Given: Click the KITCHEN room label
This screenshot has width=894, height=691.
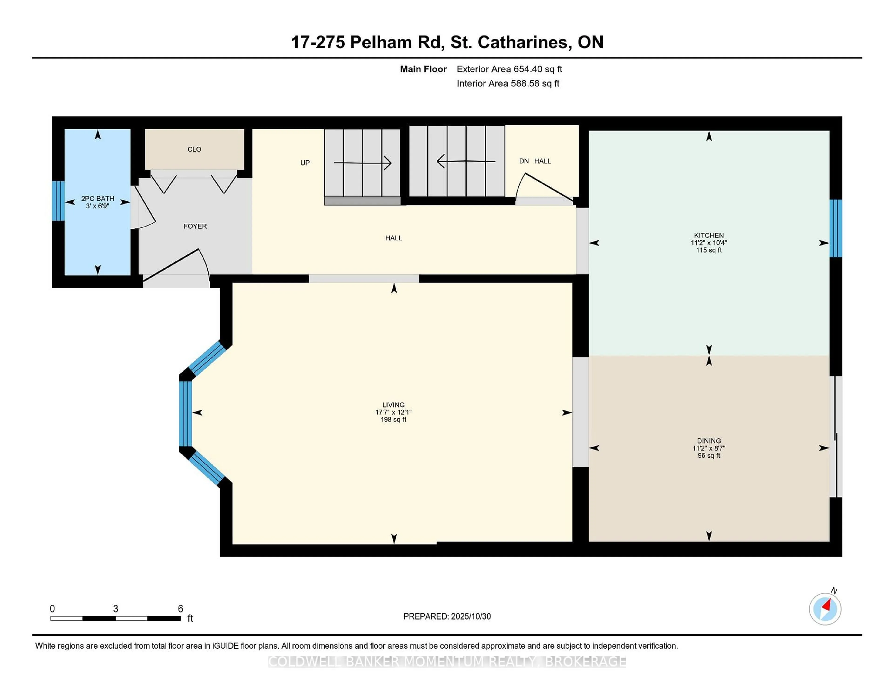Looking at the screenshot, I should pos(709,235).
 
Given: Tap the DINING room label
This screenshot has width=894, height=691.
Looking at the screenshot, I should pos(709,441).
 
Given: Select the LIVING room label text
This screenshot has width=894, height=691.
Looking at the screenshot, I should pos(393,405).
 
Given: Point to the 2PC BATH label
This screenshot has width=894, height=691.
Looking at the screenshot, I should pos(97,199).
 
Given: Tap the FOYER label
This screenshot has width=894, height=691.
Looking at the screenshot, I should pos(195,226).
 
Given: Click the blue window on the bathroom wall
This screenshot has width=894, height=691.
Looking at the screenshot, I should pos(58,201).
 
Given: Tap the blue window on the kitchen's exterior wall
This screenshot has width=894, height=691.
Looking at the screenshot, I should pos(836,228).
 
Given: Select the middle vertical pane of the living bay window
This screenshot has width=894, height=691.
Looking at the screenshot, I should pos(185,413).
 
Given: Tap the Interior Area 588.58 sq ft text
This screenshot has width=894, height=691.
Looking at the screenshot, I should pos(508,84).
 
